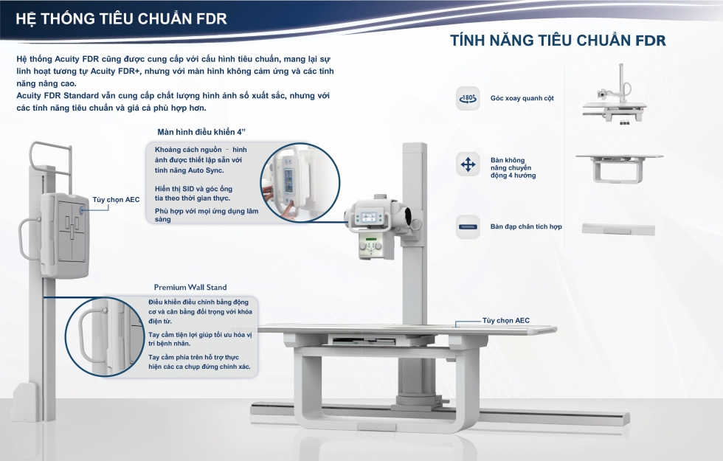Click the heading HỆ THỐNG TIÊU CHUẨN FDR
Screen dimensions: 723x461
tap(121, 18)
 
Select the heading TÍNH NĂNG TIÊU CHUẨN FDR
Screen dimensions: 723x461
tap(558, 40)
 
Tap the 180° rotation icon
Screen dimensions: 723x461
tap(468, 98)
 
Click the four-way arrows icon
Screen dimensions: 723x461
tap(468, 164)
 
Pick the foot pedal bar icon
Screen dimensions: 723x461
tap(468, 227)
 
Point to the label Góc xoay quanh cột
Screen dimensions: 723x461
tap(522, 98)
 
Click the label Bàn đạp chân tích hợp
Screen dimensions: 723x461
tap(526, 227)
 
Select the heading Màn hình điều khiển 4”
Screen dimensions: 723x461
tap(201, 132)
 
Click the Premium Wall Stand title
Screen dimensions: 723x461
tap(190, 287)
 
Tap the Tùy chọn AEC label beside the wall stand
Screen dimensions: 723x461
tap(117, 200)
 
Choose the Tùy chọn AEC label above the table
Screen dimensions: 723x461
tap(506, 320)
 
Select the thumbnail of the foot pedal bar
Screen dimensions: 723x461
tap(618, 229)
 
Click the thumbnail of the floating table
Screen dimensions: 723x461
tap(619, 169)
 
